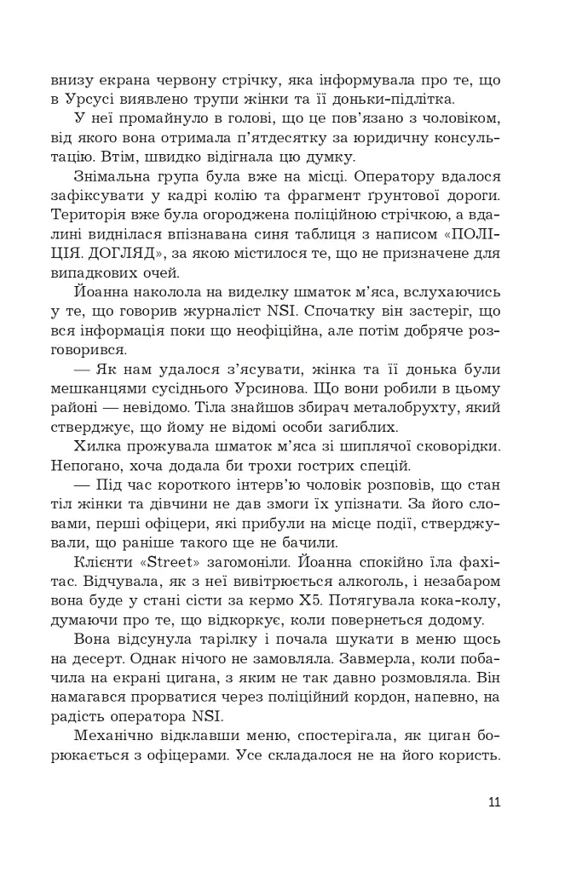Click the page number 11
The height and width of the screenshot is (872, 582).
pos(495,801)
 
